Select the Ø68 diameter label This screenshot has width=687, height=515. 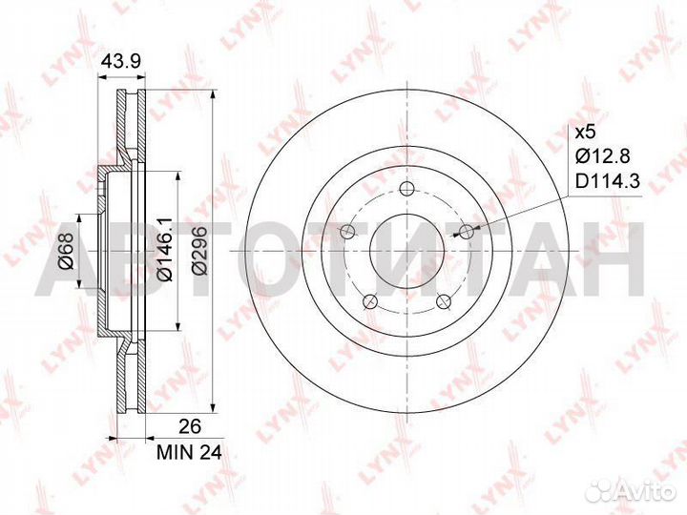pos(65,253)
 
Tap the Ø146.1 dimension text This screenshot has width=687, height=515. pos(162,253)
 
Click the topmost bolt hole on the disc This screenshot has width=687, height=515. pos(407,188)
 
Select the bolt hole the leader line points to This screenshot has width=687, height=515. pos(467,231)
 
